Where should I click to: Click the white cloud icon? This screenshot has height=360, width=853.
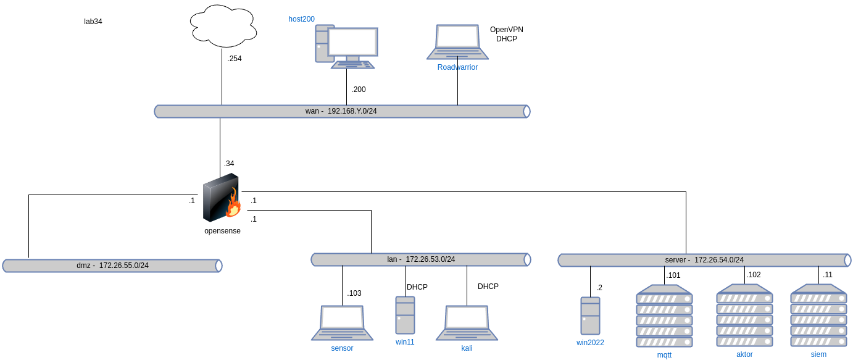(223, 26)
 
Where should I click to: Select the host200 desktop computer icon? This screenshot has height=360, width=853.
(346, 46)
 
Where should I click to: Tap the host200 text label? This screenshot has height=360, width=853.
(302, 19)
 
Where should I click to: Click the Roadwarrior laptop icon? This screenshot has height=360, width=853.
(457, 42)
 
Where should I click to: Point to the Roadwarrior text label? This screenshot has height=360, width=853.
(457, 67)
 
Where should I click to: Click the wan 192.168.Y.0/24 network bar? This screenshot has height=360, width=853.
(342, 111)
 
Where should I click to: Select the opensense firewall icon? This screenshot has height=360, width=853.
(220, 198)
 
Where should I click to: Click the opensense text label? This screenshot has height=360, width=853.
(222, 231)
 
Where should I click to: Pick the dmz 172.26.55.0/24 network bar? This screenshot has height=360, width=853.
(112, 266)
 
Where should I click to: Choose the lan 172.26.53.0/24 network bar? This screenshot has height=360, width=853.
(420, 259)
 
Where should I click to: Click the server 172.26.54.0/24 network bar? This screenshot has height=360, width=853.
(704, 260)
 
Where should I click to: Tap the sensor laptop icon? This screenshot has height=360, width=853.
(342, 322)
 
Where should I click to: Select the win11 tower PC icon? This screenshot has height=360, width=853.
(405, 315)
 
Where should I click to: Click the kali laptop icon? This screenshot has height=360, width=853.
(467, 322)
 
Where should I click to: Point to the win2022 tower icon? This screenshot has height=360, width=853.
(590, 316)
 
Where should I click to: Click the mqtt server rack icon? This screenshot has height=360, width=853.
(664, 316)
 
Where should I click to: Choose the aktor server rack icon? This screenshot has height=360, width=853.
(744, 315)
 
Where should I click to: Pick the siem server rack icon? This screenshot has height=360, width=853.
(818, 315)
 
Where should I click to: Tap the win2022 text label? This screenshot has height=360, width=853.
(590, 343)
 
